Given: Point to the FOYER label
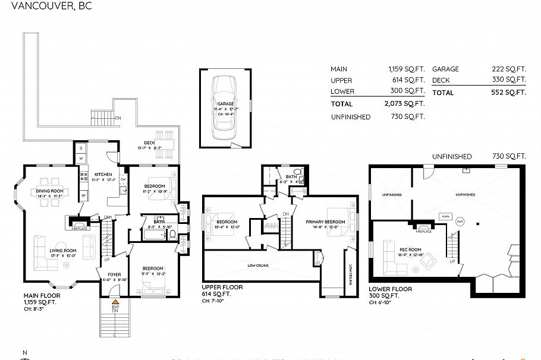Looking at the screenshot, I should click(x=114, y=274).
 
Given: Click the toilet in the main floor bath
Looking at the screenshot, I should click(x=172, y=233).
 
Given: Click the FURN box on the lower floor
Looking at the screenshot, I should click(x=445, y=217).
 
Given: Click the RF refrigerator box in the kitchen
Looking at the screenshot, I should click(x=83, y=195).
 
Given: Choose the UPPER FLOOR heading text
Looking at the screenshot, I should click(x=222, y=287).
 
